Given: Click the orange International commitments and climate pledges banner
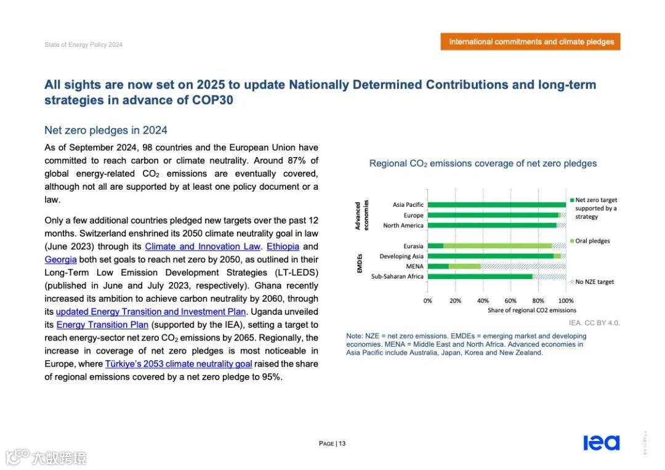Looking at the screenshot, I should point(531,42).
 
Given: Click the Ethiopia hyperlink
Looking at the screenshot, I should point(283,247).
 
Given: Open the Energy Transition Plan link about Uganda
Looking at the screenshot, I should point(102,325).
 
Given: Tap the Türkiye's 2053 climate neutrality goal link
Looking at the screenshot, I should point(179,364).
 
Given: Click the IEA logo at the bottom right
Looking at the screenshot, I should point(601,443).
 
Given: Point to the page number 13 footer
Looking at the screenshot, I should point(332,444).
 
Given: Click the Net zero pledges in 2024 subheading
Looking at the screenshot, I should point(106,131).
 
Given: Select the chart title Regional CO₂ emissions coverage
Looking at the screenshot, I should point(483,164).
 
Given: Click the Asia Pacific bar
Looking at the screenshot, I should point(496,205).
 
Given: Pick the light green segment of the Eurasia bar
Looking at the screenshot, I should point(498,246).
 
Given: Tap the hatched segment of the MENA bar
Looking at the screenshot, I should point(523,266).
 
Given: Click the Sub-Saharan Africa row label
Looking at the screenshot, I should point(397,277).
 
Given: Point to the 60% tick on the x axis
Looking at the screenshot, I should point(510,301).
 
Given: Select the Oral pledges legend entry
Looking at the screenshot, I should point(592,241).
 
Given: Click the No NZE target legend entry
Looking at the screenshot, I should point(594,282).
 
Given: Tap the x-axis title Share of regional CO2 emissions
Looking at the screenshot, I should point(532,310).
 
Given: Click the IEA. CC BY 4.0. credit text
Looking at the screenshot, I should point(594,323).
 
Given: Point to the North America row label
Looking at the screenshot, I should point(403,225).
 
